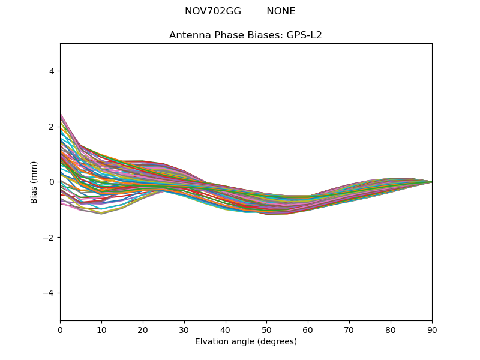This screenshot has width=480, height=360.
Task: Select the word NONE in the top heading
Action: [281, 11]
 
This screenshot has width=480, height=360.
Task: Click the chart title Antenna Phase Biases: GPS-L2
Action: [245, 35]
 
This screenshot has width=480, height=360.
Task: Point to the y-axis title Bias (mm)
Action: [34, 182]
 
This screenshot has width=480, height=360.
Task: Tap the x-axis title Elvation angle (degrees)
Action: [245, 341]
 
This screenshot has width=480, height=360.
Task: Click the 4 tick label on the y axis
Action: [52, 71]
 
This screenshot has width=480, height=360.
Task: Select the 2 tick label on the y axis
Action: [52, 127]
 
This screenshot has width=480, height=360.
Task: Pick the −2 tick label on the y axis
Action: [49, 238]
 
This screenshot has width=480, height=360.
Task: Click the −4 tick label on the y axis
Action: [49, 293]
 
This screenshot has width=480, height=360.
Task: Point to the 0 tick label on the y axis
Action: [52, 182]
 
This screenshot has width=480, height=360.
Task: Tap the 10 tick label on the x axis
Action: [101, 329]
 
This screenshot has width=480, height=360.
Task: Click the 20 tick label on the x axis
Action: [143, 329]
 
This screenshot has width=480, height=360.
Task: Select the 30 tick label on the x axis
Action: [184, 329]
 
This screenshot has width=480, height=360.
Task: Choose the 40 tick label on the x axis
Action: [226, 329]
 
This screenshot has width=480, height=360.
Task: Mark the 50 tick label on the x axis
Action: [266, 329]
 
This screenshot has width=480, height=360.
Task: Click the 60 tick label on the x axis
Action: [308, 329]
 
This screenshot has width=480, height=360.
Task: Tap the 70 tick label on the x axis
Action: [349, 329]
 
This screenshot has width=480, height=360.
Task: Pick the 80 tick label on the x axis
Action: [391, 329]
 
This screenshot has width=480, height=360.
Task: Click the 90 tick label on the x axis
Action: [432, 329]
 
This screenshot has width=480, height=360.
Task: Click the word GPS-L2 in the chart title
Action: [304, 35]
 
